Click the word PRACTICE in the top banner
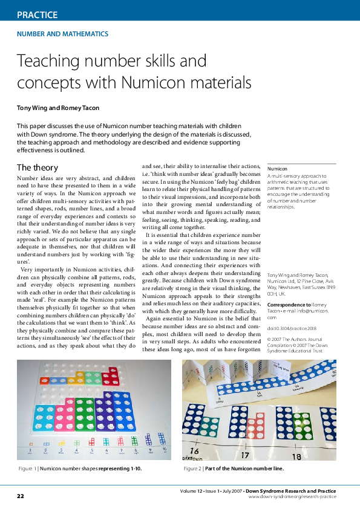coord(37,15)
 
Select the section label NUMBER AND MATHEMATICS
coord(62,34)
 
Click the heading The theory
coord(38,167)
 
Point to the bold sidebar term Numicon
coord(277,169)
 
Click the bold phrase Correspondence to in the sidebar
coord(289,305)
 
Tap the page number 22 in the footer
coord(21,496)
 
